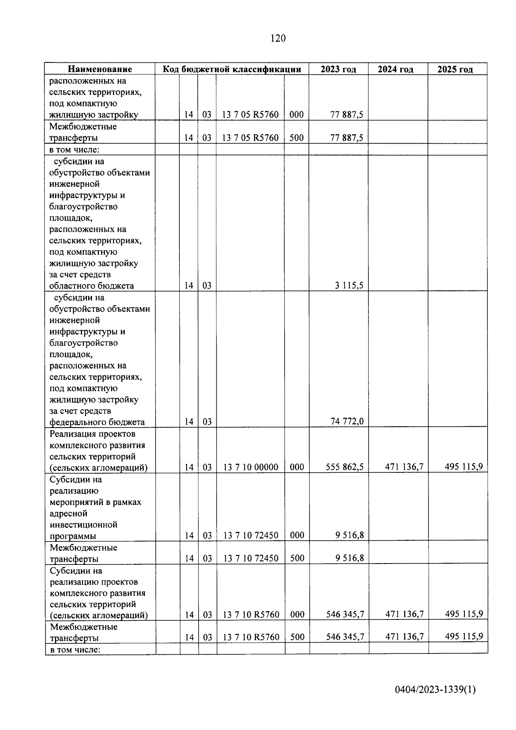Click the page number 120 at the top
point(278,39)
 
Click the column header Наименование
point(100,69)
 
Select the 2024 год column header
point(396,69)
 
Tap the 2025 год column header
point(455,69)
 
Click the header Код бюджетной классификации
point(231,69)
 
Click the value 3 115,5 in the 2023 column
point(349,285)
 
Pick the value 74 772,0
point(347,421)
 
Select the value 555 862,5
point(344,467)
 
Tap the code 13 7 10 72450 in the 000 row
point(251,535)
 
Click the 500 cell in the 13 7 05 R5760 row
point(296,138)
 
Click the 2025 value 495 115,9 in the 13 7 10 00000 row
point(464,466)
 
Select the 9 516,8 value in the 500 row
point(350,558)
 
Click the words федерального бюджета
point(97,422)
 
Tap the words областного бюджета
point(92,286)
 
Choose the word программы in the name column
point(73,536)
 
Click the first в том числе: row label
point(74,150)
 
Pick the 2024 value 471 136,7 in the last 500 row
point(404,636)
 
